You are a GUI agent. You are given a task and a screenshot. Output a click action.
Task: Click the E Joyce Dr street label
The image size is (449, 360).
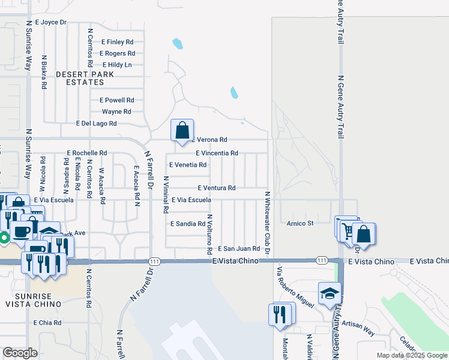[50, 22]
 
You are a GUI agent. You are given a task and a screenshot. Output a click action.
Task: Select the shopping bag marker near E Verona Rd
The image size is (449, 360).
[182, 130]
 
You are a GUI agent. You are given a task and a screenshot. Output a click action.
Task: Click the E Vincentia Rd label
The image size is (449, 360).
[217, 153]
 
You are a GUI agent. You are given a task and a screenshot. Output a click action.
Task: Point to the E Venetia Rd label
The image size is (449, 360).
[188, 164]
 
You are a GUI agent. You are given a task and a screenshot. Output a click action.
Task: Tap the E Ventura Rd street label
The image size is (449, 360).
[216, 188]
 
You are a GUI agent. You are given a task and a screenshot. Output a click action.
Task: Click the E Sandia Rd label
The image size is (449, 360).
[188, 223]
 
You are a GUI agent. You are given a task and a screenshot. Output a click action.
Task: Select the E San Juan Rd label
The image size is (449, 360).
[238, 248]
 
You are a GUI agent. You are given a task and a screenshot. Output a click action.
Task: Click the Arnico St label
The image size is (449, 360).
[300, 223]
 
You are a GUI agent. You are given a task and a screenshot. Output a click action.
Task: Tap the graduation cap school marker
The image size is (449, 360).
[329, 293]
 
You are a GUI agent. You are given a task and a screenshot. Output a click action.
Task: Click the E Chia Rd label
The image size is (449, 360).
[47, 322]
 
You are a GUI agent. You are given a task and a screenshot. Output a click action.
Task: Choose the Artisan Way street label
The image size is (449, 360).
[358, 328]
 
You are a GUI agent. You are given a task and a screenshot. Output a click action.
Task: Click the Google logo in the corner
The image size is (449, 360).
[20, 353]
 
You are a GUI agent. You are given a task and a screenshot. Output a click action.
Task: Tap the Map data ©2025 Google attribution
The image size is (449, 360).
[411, 355]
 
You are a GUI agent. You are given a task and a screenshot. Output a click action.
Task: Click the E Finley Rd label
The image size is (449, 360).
[117, 42]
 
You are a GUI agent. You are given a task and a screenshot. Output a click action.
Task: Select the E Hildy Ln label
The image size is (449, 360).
[117, 65]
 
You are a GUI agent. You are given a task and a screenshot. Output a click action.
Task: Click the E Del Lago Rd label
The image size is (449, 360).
[96, 123]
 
